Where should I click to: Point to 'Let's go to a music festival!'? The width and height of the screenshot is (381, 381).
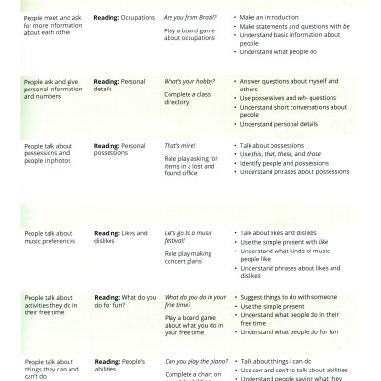[x=195, y=238]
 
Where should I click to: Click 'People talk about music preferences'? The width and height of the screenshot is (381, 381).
[x=51, y=238]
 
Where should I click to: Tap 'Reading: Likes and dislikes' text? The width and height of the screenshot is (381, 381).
[x=118, y=238]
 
